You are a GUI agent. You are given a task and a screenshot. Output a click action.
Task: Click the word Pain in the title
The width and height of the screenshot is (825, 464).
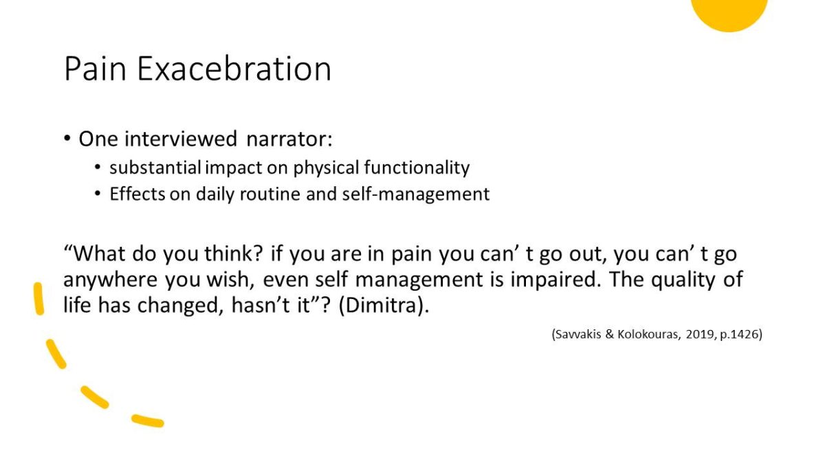[x=96, y=69]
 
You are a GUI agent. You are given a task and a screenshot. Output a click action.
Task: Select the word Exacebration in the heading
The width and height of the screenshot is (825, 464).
[x=234, y=69]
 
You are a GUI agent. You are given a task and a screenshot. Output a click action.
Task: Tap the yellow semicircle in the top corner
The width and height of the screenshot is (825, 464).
[x=729, y=14]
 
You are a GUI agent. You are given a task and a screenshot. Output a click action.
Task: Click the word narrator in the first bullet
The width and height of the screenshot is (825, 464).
[x=289, y=139]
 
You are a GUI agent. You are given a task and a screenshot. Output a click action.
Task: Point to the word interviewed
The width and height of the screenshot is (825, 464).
[x=180, y=139]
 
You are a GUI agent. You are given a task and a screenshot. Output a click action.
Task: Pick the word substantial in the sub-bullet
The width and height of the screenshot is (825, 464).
[x=155, y=168]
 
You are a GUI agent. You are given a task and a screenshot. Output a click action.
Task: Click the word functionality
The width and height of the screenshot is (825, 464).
[x=417, y=168]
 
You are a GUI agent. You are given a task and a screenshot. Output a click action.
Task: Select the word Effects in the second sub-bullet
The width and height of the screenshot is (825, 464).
[x=137, y=194]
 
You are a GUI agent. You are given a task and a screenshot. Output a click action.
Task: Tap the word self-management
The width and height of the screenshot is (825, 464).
[x=416, y=195]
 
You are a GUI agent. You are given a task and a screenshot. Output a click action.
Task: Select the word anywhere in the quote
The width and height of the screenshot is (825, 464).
[x=110, y=280]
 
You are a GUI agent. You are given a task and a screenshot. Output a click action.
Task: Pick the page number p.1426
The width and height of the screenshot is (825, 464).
[x=739, y=334]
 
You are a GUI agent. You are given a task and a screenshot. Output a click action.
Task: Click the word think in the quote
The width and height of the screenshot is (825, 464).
[x=234, y=254]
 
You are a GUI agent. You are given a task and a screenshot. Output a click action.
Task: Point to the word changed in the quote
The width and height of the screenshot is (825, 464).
[x=180, y=306]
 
